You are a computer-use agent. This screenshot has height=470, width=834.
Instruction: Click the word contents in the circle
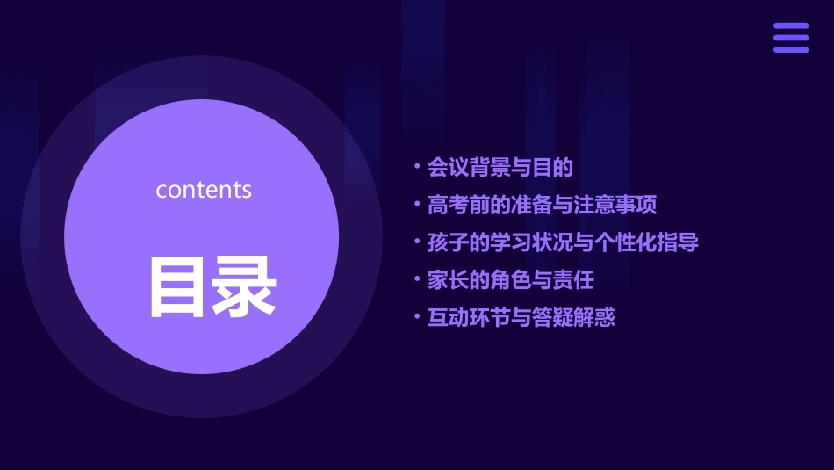click(204, 190)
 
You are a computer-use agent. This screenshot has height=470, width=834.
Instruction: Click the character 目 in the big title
click(179, 286)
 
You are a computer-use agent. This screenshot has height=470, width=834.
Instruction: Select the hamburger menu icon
click(791, 38)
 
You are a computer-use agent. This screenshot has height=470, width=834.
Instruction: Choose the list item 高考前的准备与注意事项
click(542, 206)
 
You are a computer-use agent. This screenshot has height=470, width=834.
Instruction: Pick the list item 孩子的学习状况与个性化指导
click(563, 242)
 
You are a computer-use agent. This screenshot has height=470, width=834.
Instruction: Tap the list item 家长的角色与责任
click(510, 280)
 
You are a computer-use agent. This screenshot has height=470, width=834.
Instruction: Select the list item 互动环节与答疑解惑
click(521, 318)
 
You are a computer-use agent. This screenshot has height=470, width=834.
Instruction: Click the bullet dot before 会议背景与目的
click(418, 165)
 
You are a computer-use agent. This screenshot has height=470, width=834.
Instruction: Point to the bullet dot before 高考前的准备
click(418, 203)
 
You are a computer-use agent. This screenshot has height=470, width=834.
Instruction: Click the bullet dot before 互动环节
click(418, 315)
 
